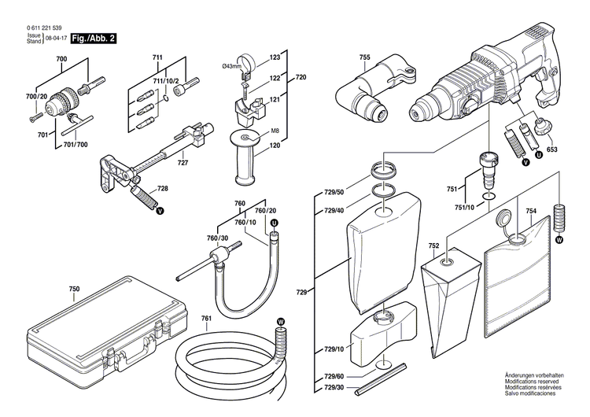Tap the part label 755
364,57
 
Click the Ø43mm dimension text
231,65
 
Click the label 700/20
36,96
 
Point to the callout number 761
206,318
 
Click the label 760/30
217,238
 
